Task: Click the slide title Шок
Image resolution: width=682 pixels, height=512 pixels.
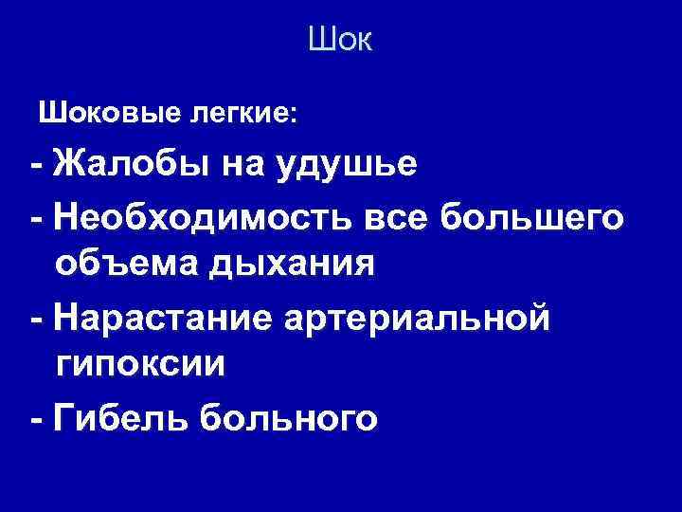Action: [x=341, y=40]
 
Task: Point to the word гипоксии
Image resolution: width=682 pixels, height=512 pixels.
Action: [x=140, y=365]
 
